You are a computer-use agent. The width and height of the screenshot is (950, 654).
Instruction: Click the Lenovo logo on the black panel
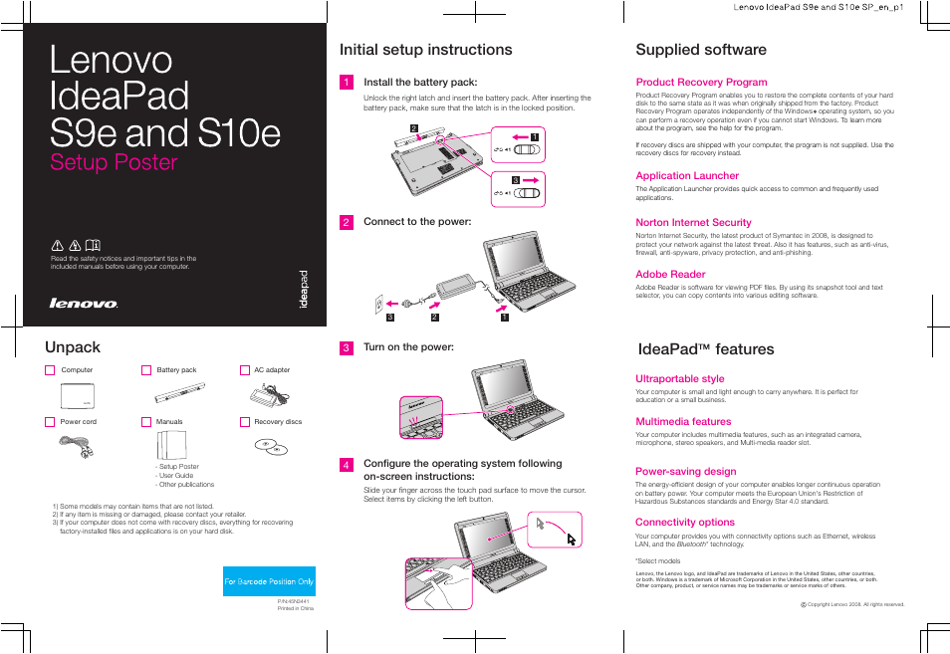(84, 304)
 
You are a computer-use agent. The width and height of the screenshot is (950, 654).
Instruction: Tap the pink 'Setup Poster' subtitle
(114, 162)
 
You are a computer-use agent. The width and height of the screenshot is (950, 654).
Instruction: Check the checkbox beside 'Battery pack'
(146, 370)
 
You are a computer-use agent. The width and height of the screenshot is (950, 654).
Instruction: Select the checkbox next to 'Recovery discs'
(244, 422)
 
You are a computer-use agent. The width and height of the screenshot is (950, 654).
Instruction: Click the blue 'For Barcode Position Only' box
(269, 581)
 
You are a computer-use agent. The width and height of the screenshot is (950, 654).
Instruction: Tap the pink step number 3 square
(346, 348)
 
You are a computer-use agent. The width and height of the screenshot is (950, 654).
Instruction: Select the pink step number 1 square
(346, 83)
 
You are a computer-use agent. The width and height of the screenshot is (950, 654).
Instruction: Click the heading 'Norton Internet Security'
(693, 223)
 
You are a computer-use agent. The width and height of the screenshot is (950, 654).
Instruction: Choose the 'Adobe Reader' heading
(670, 275)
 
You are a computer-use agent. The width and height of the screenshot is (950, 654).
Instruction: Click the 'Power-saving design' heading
(685, 472)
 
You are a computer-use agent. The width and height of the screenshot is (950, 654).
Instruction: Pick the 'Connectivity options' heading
(685, 523)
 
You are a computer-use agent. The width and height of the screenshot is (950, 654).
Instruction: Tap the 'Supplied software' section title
(700, 50)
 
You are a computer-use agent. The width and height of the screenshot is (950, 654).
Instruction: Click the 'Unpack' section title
(73, 347)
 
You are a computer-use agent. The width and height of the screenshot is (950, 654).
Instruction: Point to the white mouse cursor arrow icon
(572, 539)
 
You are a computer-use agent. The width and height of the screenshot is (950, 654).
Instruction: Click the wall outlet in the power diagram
(379, 303)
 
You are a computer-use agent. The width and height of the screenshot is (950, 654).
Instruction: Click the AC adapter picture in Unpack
(270, 395)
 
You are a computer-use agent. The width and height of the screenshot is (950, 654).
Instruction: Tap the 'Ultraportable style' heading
(680, 379)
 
